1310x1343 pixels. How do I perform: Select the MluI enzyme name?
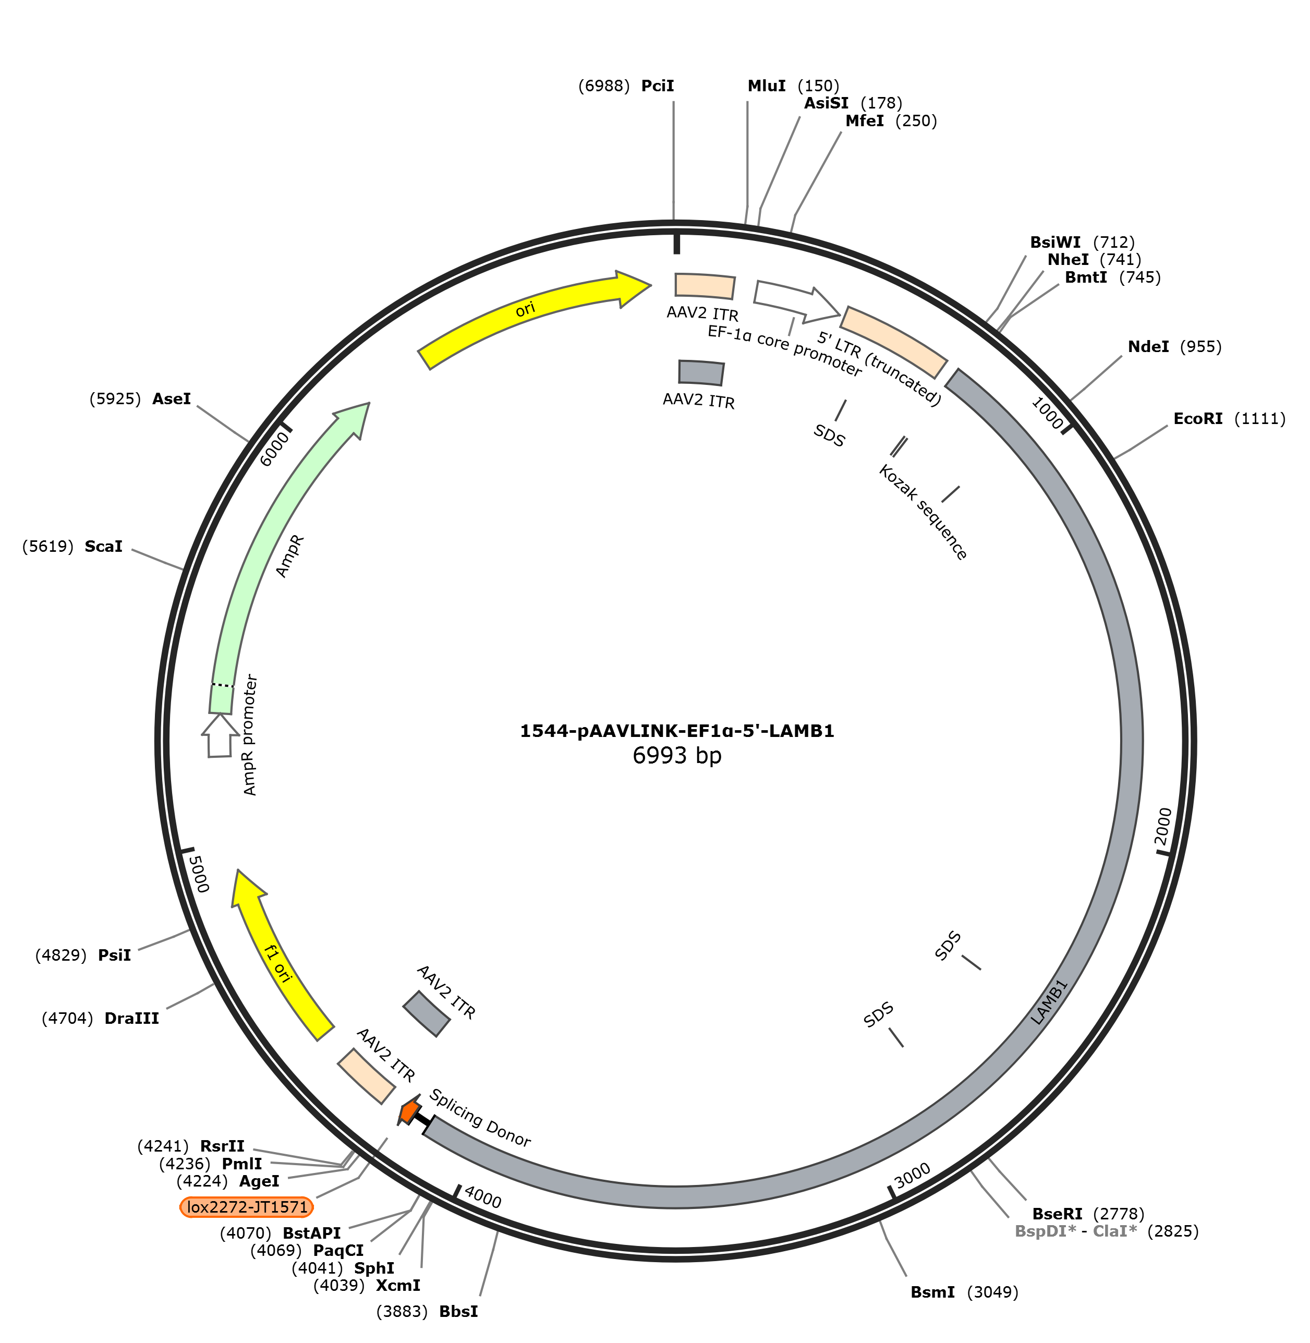tap(767, 86)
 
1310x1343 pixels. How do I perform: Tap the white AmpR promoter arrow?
tap(220, 735)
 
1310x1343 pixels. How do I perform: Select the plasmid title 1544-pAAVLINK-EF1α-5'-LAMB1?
tap(677, 731)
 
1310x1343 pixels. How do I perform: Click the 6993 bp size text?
tap(677, 755)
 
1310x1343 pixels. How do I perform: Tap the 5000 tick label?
tap(198, 874)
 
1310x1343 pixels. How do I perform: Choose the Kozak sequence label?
tap(924, 512)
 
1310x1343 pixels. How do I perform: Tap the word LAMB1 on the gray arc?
tap(1049, 1002)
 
